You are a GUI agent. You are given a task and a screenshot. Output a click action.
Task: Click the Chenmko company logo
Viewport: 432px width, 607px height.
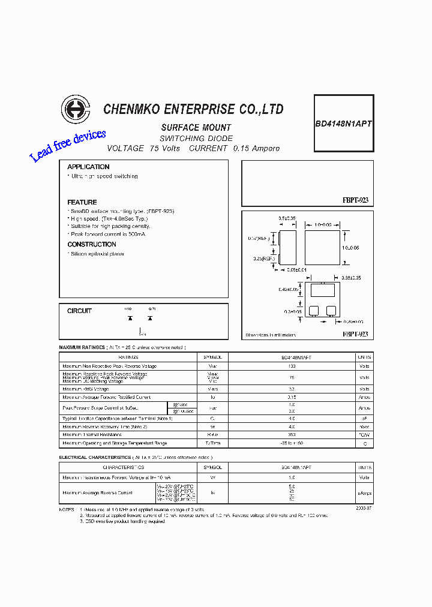click(75, 109)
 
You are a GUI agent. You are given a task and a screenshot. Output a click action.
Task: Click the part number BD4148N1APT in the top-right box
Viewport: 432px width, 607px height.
click(344, 124)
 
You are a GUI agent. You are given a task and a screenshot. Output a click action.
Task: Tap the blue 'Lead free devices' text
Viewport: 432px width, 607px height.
click(68, 145)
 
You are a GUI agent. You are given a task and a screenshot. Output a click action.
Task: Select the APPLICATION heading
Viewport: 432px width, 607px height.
click(88, 167)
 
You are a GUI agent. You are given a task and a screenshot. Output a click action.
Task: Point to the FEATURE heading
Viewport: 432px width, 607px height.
click(82, 202)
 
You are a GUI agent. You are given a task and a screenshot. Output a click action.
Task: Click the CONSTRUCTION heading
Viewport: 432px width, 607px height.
click(92, 244)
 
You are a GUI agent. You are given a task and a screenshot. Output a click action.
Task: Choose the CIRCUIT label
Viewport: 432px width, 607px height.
click(79, 311)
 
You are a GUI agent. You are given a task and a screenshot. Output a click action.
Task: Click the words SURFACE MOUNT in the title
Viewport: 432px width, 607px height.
click(196, 128)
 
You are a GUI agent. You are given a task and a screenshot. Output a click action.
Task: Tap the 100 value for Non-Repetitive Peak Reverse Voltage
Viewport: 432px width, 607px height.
click(292, 366)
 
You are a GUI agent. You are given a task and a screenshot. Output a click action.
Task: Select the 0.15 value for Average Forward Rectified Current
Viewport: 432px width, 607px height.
click(292, 397)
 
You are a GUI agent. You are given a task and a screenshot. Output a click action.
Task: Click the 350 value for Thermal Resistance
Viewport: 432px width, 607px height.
click(292, 434)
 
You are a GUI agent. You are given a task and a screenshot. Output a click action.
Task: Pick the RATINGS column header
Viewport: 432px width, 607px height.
click(128, 357)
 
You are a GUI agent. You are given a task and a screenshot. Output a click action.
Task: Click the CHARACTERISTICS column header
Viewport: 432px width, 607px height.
click(123, 467)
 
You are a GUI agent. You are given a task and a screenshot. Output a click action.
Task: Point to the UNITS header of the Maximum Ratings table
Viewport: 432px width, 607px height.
click(364, 357)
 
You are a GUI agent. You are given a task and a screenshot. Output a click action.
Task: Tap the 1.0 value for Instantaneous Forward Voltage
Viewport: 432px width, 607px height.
click(292, 477)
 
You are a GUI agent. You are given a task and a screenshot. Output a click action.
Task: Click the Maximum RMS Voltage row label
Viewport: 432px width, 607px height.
click(86, 389)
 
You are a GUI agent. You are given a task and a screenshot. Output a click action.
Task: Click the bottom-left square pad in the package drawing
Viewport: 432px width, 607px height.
click(313, 310)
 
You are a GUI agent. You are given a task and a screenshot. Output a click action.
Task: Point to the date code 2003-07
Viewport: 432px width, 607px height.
click(364, 507)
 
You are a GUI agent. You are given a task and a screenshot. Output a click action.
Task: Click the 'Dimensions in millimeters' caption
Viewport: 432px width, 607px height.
click(271, 335)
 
